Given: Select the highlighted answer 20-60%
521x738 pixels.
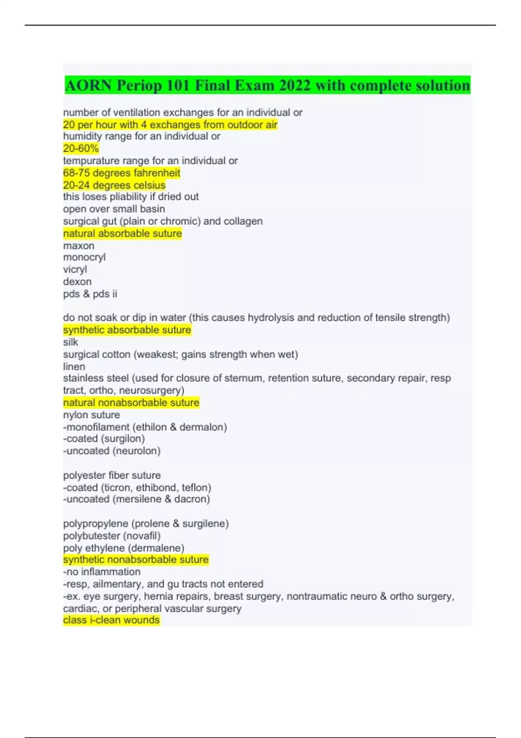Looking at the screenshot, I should (81, 148).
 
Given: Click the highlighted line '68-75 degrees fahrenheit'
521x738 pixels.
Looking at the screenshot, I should (122, 173).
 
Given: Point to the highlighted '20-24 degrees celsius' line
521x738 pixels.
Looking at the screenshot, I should (114, 185).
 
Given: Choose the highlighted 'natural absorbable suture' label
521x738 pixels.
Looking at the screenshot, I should (122, 234).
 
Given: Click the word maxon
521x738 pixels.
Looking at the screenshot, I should (79, 246).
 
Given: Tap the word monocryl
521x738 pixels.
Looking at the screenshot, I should (84, 257).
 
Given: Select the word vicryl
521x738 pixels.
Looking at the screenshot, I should (75, 270).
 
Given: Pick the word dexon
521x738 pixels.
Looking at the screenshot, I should (77, 282).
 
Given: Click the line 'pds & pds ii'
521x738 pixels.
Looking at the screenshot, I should (90, 294).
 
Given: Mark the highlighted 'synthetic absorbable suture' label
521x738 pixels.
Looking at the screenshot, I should (127, 330).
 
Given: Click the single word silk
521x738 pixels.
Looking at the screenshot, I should (70, 342).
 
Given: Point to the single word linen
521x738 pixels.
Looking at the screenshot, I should (74, 366).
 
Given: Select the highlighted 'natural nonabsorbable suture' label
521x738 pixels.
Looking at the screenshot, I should (131, 402).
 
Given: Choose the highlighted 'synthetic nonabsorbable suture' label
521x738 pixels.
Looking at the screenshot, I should (136, 560).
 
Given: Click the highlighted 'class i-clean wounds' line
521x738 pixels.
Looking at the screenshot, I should (111, 620).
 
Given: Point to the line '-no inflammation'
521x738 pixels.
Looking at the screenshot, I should (102, 572).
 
